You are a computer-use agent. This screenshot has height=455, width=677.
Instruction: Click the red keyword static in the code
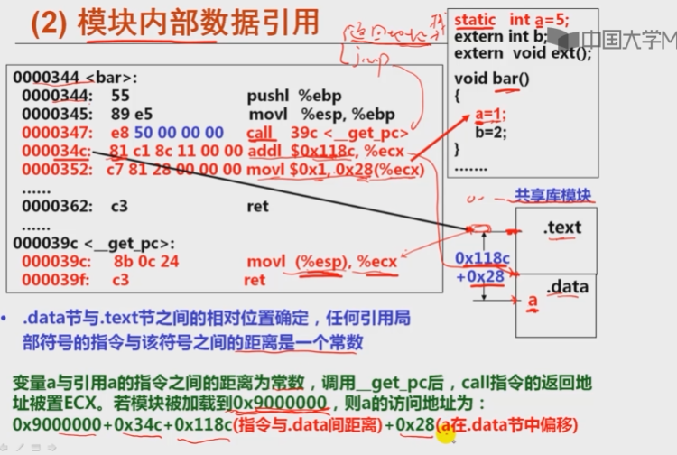475,20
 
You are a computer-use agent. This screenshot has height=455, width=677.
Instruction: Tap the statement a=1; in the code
490,115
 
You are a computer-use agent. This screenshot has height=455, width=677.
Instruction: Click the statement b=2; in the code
489,132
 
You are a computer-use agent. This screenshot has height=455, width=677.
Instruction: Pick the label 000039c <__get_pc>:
79,243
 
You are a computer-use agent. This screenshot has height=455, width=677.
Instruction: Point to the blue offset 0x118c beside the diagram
482,258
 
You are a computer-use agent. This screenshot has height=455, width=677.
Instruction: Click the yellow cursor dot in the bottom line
445,434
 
